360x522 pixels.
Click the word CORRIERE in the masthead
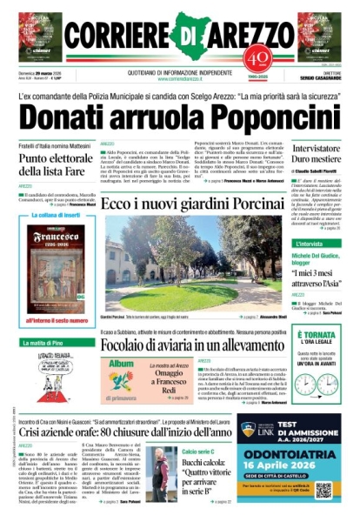coord(113,35)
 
